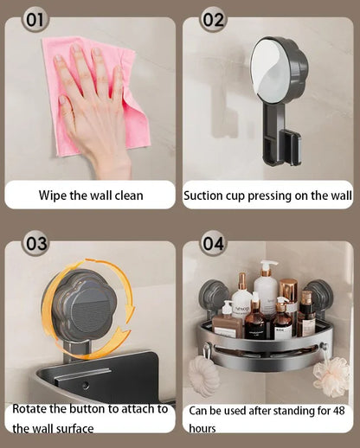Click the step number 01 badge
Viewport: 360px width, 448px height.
[x=35, y=19]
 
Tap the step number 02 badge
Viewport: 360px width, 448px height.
[x=213, y=19]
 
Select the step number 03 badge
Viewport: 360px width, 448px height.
[x=35, y=243]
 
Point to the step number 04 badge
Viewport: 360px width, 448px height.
[x=213, y=243]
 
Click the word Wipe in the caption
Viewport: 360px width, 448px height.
[x=54, y=195]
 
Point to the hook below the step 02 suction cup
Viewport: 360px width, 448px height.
[x=289, y=147]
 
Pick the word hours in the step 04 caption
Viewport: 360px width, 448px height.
[x=205, y=427]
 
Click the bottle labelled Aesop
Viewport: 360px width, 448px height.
[x=242, y=298]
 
